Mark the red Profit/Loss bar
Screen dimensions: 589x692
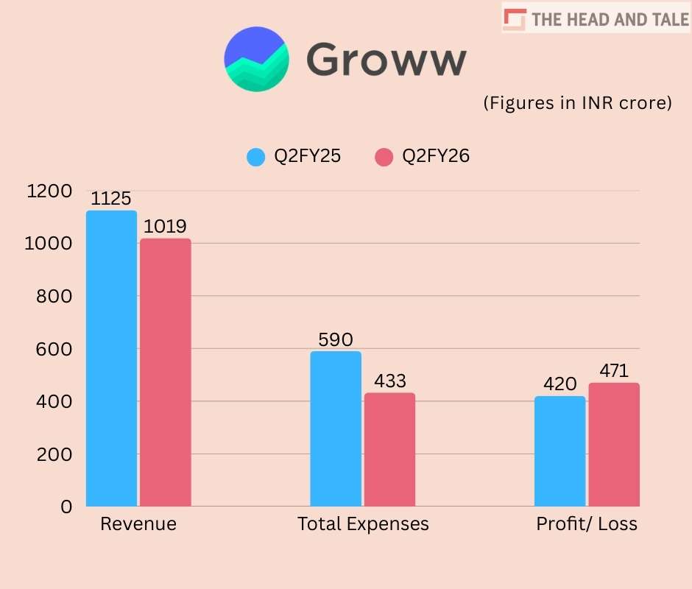pyautogui.click(x=614, y=445)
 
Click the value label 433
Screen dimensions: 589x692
pyautogui.click(x=389, y=381)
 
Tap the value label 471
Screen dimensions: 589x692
pyautogui.click(x=614, y=371)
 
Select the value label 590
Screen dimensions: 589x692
pyautogui.click(x=336, y=340)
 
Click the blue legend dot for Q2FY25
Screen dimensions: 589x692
pyautogui.click(x=256, y=157)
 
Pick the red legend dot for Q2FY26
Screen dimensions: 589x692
pyautogui.click(x=384, y=157)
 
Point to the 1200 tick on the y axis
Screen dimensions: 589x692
pyautogui.click(x=49, y=191)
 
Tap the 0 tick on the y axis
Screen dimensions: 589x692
pyautogui.click(x=66, y=507)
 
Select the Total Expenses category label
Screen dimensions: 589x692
pyautogui.click(x=363, y=524)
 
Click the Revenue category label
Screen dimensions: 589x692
pyautogui.click(x=138, y=524)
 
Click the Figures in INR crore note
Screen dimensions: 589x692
pyautogui.click(x=578, y=103)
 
